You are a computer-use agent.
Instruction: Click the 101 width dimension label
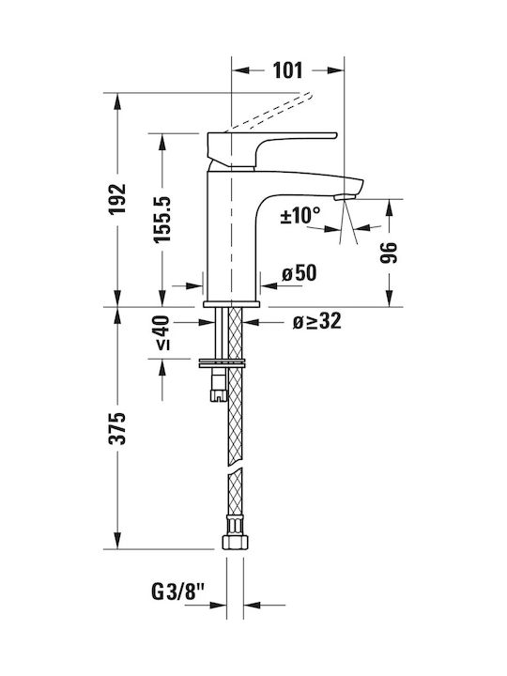287,70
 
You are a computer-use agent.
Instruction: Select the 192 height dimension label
116,199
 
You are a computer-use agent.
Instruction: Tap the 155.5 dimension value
163,219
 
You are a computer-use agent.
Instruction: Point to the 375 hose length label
116,428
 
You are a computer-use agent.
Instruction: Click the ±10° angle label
300,215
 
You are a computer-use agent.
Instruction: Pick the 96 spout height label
389,253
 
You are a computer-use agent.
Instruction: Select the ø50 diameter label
300,273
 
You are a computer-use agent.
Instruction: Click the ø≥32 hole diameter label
317,321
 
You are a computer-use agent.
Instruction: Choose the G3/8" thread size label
177,592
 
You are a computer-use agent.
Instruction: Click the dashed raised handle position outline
268,111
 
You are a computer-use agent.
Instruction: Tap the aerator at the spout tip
345,197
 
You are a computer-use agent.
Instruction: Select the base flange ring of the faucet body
232,304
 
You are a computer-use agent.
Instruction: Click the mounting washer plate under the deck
222,363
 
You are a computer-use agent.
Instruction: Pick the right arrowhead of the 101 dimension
336,70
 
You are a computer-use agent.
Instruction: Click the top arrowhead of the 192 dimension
116,100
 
